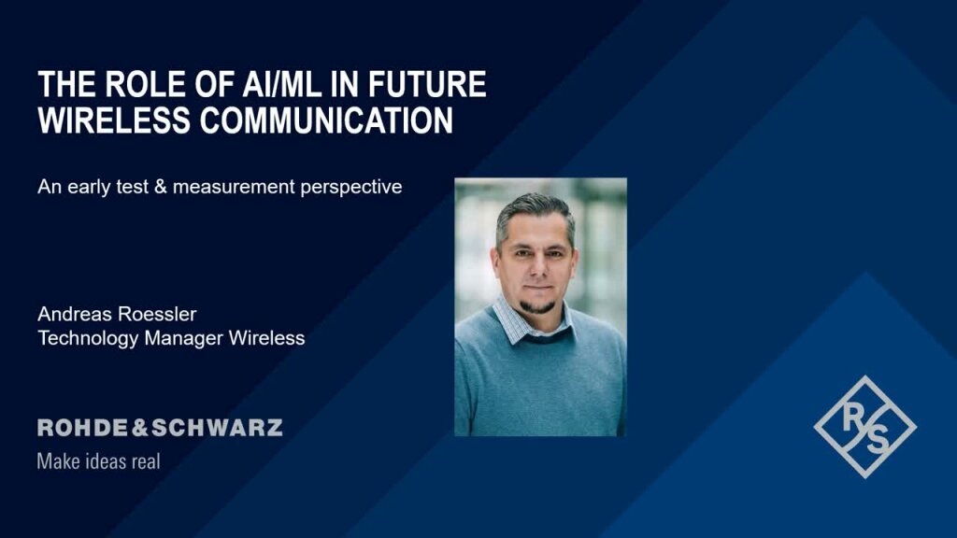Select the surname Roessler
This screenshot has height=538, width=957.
pos(158,314)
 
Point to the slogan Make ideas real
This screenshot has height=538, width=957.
pos(98,461)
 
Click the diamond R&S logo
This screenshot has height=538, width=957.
pos(864,427)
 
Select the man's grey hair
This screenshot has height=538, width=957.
pos(534,207)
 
